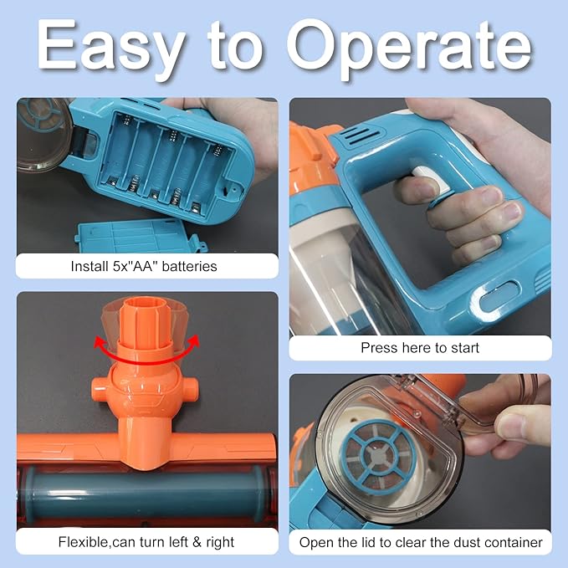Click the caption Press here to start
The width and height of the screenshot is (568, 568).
pyautogui.click(x=420, y=348)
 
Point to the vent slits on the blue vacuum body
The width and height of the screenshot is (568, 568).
pyautogui.click(x=360, y=136)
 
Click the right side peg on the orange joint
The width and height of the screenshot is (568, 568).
pyautogui.click(x=189, y=387)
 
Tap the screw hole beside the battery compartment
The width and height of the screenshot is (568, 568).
pyautogui.click(x=235, y=188)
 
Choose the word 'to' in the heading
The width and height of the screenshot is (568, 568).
pyautogui.click(x=235, y=49)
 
